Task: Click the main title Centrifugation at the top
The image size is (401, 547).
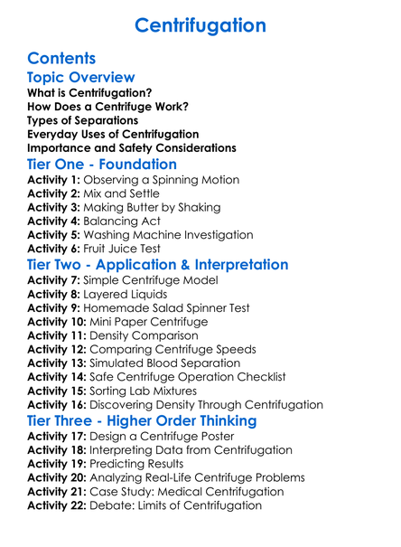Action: (200, 25)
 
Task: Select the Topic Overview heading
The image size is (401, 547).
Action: (81, 78)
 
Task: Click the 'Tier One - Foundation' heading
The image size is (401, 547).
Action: (102, 165)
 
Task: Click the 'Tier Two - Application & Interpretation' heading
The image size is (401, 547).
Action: (158, 265)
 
